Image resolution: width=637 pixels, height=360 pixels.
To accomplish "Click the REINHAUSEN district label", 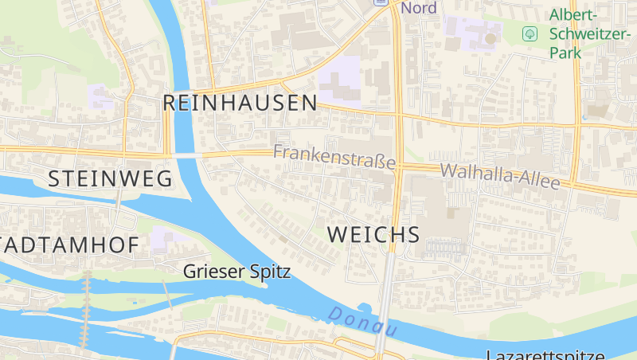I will (240, 103).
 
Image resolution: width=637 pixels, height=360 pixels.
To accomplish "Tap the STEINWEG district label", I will (110, 179).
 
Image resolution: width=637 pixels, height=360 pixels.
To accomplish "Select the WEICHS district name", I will (373, 234).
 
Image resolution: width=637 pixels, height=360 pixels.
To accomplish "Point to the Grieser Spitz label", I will (236, 272).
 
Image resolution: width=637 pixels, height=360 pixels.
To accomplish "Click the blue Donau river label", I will (363, 320).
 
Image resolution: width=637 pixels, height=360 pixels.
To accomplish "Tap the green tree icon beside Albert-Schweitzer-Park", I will (529, 33).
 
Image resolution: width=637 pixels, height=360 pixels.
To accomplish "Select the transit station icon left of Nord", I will (381, 2).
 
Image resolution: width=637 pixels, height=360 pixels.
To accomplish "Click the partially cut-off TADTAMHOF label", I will (68, 245).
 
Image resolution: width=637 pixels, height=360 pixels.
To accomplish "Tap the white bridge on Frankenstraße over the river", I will (185, 155).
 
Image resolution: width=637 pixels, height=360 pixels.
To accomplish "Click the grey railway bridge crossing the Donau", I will (384, 319).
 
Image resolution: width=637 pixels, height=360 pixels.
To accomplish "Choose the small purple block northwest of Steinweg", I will (100, 97).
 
